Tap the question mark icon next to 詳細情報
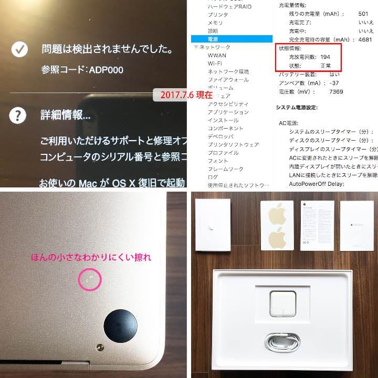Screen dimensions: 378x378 (x=19, y=114)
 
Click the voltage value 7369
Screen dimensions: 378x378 (x=336, y=91)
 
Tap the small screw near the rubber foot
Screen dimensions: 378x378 (x=99, y=346)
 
